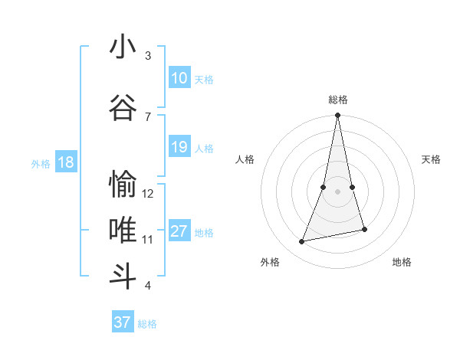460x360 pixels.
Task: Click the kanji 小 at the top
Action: (x=123, y=47)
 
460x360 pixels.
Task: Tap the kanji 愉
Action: (x=123, y=185)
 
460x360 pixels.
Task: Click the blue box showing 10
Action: (x=179, y=78)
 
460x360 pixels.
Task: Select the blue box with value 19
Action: (x=179, y=147)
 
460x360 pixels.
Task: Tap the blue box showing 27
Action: (x=179, y=231)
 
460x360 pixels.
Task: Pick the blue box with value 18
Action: (x=66, y=162)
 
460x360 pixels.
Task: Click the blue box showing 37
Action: (x=123, y=322)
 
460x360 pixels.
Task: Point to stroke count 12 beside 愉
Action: (x=148, y=194)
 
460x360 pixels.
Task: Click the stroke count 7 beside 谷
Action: (x=148, y=116)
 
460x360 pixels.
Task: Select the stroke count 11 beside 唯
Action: (x=148, y=239)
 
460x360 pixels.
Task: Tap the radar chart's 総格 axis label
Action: (x=338, y=100)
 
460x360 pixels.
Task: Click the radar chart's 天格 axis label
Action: (x=431, y=159)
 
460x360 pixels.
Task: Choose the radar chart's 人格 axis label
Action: (x=245, y=159)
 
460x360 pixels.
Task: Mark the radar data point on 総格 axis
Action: (x=337, y=115)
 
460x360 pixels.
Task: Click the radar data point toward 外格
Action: (x=302, y=242)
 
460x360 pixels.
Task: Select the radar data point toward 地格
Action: (x=364, y=229)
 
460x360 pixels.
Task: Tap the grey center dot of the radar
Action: (x=337, y=180)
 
